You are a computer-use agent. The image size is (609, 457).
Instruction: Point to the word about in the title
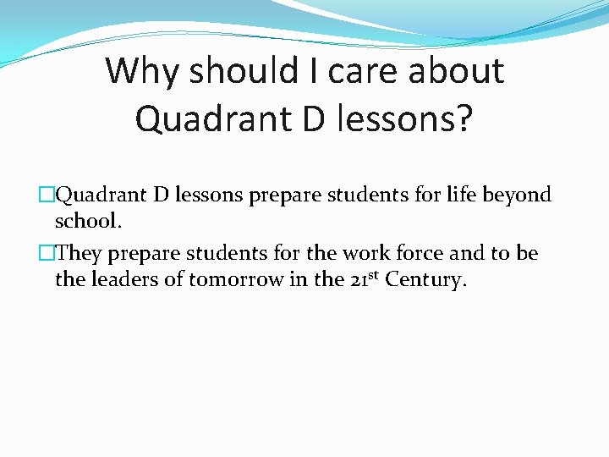(457, 71)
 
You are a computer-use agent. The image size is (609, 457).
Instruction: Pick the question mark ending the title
(463, 118)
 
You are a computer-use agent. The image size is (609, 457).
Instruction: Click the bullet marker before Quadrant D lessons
(47, 195)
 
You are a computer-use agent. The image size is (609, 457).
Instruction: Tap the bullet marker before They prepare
(47, 254)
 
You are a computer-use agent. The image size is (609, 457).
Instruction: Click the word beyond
(518, 195)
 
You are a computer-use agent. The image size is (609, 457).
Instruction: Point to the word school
(87, 221)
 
